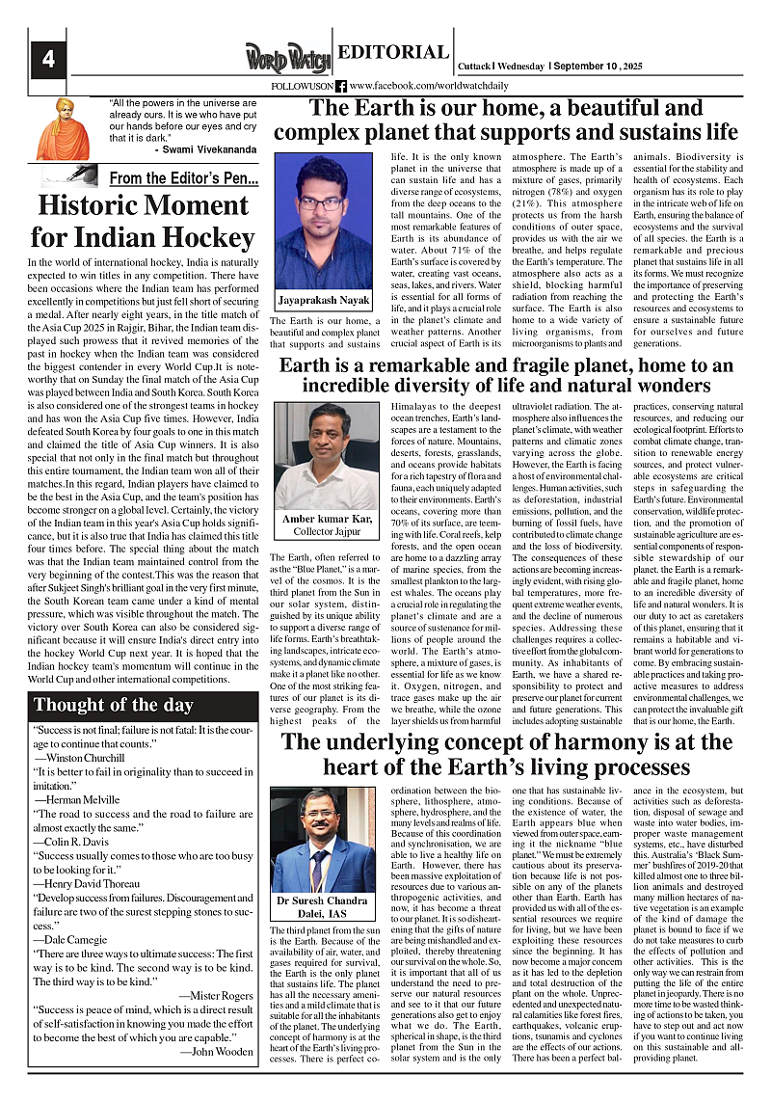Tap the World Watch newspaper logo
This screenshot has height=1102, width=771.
tap(285, 57)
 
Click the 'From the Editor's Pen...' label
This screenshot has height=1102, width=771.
tap(183, 178)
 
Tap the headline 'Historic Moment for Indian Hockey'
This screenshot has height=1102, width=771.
tap(143, 222)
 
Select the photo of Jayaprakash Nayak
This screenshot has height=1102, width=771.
tap(323, 221)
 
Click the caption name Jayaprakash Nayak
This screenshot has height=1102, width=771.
tap(323, 300)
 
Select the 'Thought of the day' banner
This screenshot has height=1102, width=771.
tap(114, 705)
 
